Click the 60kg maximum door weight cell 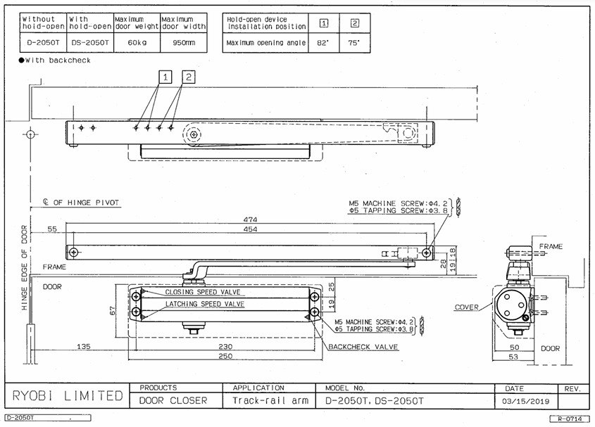coord(137,42)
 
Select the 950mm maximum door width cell coord(184,42)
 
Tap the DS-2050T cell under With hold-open coord(90,42)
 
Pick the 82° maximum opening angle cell coord(323,43)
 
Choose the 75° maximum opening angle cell coord(354,43)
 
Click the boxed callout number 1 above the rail coord(165,77)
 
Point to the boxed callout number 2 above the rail coord(189,77)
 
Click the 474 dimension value coord(251,219)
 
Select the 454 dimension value coord(251,229)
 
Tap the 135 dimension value coord(84,346)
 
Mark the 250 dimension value coord(225,356)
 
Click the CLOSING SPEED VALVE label coord(203,292)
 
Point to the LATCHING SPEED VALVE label coord(205,304)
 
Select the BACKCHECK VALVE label coord(363,347)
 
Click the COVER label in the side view coord(467,307)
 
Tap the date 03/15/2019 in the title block coord(525,401)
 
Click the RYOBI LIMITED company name coord(68,395)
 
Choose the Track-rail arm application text coord(270,400)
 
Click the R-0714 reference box coord(570,419)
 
